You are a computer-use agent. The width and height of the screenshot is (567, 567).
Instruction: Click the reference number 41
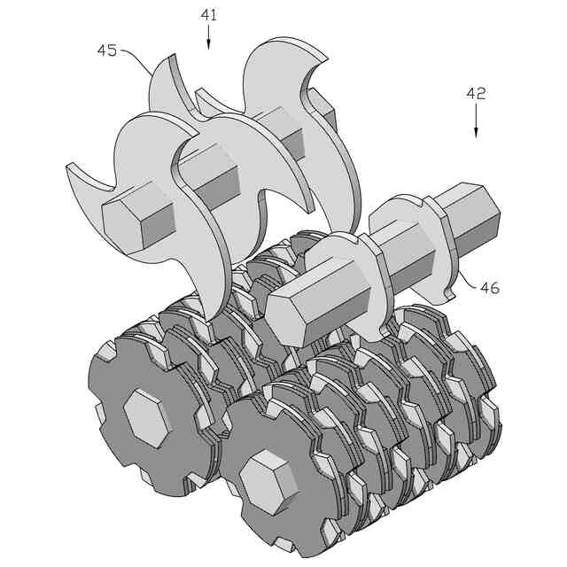point(209,15)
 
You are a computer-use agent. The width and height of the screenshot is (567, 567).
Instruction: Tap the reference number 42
point(476,94)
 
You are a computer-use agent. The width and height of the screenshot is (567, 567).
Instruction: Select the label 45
point(107,50)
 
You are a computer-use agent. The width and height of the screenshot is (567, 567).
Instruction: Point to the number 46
point(490,288)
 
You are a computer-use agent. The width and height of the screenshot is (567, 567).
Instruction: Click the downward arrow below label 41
point(209,37)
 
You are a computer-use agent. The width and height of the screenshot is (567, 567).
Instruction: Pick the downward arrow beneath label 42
point(476,121)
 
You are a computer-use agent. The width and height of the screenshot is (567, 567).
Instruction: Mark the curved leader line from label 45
point(137,59)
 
